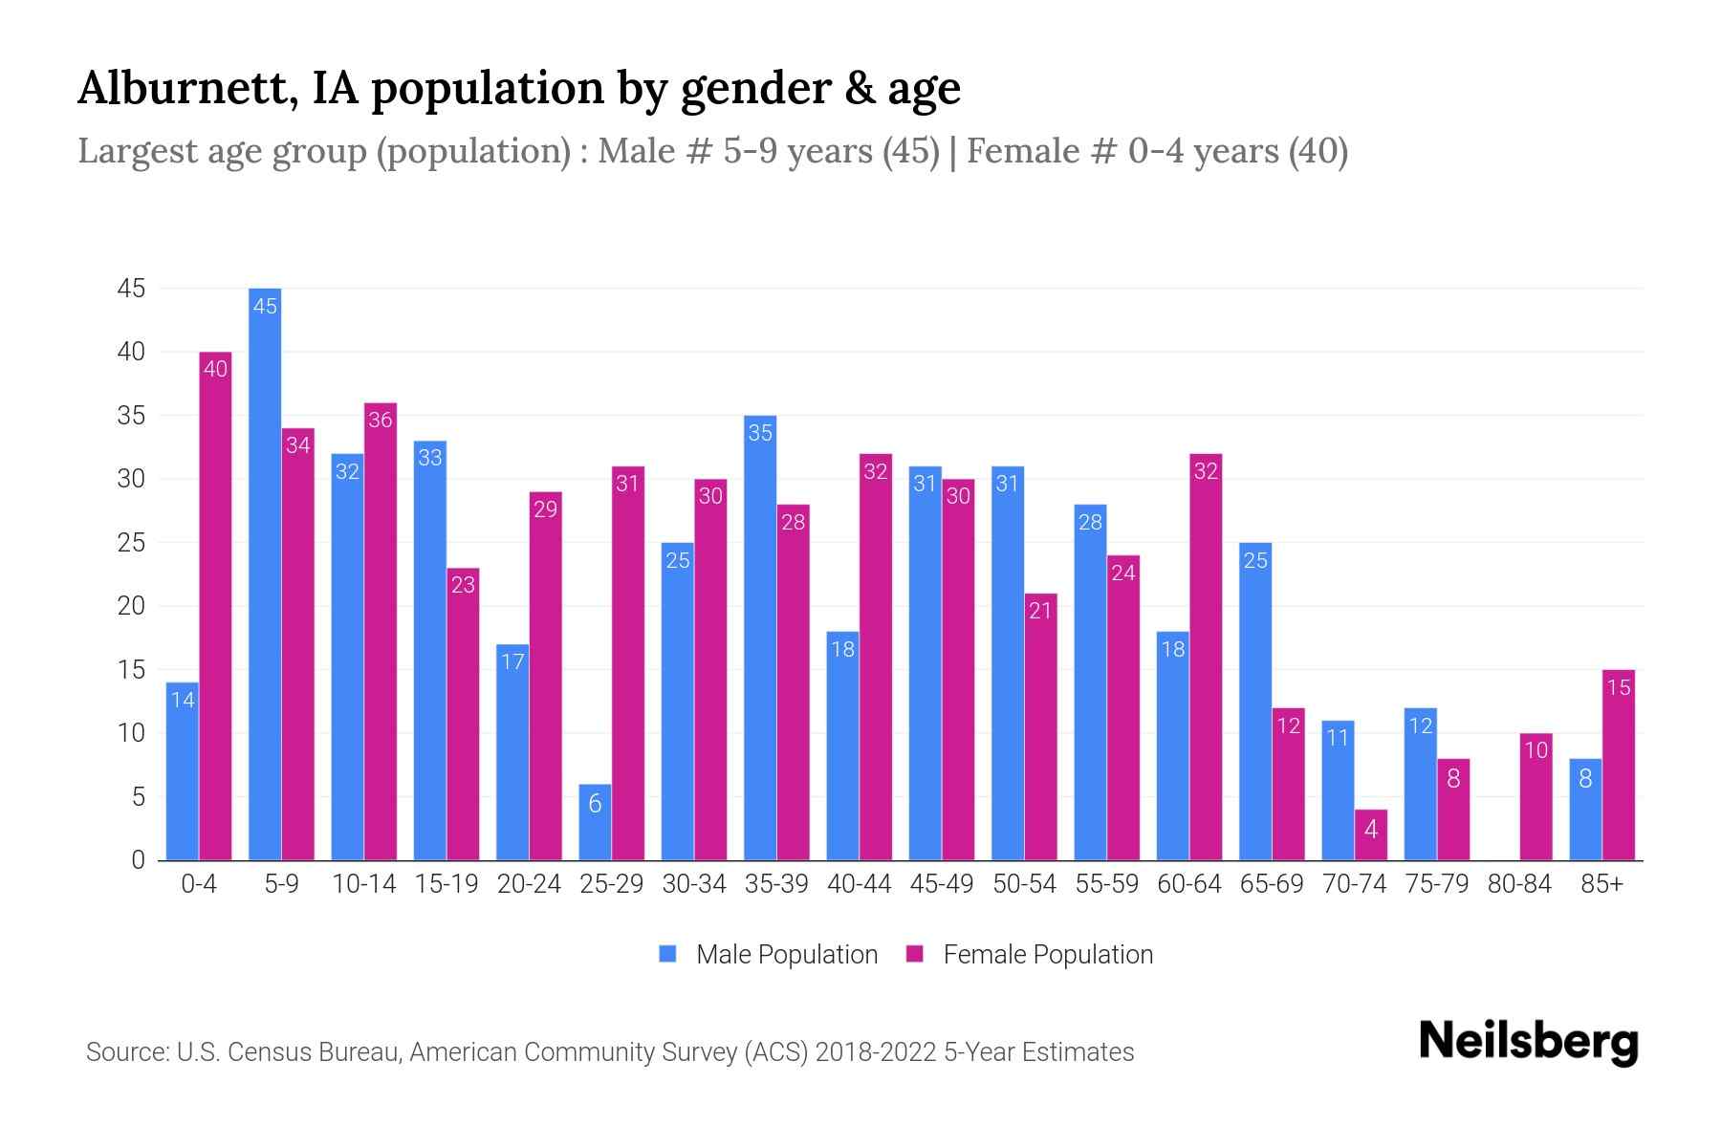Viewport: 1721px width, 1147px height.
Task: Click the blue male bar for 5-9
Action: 265,573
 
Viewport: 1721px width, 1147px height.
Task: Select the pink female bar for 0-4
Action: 215,606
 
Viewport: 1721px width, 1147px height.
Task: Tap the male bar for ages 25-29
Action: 595,822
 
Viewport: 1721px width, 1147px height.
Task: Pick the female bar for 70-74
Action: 1370,834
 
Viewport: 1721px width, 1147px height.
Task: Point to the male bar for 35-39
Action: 760,638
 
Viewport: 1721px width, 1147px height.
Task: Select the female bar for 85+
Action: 1618,765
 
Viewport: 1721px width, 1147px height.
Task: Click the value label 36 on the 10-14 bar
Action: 381,420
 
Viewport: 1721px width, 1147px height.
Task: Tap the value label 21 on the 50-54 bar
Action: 1040,611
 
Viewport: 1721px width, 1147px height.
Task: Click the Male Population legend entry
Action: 769,954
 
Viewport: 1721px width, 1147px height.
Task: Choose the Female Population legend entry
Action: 1030,954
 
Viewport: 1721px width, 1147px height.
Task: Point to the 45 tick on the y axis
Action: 131,289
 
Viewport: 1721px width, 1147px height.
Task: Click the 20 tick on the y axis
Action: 131,606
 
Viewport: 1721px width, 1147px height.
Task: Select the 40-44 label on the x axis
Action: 859,884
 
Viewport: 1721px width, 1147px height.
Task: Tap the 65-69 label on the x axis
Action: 1271,884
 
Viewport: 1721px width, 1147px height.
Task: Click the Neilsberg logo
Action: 1528,1041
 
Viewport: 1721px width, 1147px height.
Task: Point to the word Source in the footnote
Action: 125,1052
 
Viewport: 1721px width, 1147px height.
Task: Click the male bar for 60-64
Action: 1172,746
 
